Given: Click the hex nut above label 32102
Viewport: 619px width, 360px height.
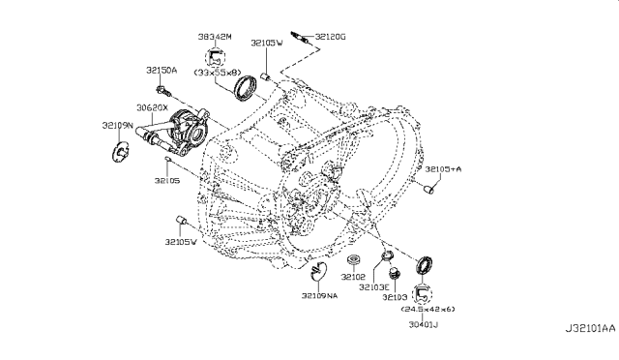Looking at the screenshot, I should pos(354,260).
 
